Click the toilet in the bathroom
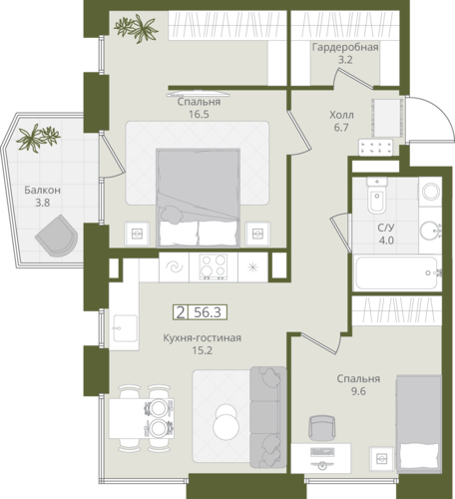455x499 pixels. [x=377, y=196]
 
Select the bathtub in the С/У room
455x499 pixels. [x=396, y=272]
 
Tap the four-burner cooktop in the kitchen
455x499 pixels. [x=214, y=266]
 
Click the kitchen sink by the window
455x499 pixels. [x=125, y=328]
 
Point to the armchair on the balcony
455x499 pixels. [x=57, y=236]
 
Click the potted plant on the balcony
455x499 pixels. [x=38, y=138]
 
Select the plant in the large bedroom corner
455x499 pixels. [x=136, y=28]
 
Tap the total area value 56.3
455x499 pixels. [x=208, y=312]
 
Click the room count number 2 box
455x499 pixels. [x=181, y=312]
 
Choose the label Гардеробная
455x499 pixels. [x=345, y=47]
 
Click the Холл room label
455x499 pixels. [x=341, y=115]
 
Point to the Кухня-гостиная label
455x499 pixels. [x=202, y=338]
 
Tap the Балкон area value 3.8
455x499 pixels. [x=43, y=203]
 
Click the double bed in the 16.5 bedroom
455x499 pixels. [x=198, y=198]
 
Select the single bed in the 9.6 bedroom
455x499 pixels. [x=419, y=423]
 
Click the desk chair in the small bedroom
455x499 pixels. [x=321, y=428]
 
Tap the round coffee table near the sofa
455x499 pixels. [x=227, y=422]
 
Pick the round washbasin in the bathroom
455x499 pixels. [x=430, y=230]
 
